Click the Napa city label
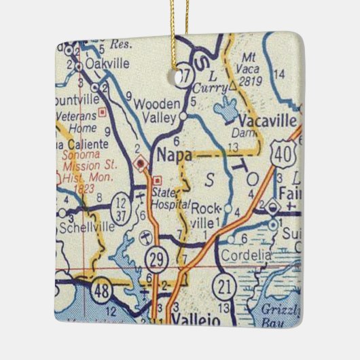point(173,156)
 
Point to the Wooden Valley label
point(158,110)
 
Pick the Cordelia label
point(246,254)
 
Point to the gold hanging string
point(183,34)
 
